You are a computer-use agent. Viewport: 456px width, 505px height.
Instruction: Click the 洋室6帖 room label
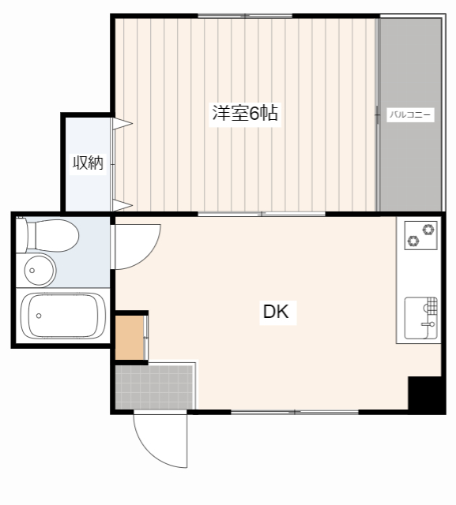click(x=244, y=113)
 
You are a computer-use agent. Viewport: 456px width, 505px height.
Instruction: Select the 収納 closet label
click(x=89, y=163)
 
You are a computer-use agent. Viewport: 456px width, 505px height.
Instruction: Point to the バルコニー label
click(x=410, y=114)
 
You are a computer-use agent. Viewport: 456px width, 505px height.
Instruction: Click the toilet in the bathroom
click(x=51, y=234)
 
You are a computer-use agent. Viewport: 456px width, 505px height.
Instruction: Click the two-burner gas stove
click(x=420, y=235)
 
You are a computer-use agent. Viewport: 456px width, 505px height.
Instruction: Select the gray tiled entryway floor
click(x=155, y=386)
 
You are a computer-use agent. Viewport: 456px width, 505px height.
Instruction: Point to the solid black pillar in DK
click(x=424, y=394)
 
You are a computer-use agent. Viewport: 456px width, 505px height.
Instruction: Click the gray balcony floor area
click(x=410, y=166)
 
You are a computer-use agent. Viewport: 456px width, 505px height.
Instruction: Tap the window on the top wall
click(x=245, y=16)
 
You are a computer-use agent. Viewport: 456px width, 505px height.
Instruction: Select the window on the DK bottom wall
click(x=294, y=412)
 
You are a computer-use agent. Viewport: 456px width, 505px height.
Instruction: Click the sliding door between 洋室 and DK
click(x=261, y=213)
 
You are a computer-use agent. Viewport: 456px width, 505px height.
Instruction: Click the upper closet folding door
click(x=122, y=123)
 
